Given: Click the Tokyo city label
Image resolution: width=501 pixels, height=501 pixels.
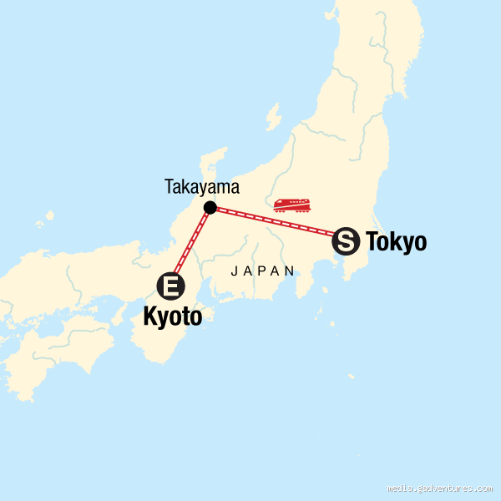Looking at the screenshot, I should (396, 242).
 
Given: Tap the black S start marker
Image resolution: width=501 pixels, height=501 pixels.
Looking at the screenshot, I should (346, 242).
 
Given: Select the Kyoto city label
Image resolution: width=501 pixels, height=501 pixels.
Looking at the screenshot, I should (173, 316).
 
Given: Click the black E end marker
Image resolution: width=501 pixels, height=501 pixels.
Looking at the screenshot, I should (171, 287).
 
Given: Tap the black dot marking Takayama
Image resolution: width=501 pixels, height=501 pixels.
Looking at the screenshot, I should (210, 207).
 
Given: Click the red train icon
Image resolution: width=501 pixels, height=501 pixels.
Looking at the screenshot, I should (291, 205).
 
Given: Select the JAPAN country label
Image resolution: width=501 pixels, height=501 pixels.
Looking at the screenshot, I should (263, 271).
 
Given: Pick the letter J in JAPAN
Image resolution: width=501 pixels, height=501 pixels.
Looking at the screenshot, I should (234, 271).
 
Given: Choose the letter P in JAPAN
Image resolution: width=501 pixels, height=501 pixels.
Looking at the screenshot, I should (262, 271).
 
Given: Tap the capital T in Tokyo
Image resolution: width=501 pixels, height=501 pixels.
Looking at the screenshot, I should (372, 242).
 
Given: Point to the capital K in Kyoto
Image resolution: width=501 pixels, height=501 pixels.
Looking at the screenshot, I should (151, 316).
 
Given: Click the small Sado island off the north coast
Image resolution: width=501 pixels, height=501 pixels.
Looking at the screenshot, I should (272, 118).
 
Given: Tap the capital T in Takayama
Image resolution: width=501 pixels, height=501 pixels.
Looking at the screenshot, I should (168, 188).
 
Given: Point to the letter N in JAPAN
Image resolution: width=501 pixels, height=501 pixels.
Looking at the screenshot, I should (290, 271).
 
